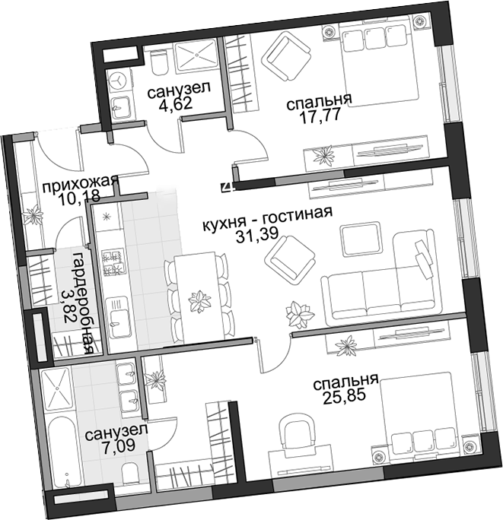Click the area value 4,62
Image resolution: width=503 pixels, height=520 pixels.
point(176,104)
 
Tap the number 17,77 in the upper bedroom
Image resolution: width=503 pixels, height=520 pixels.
point(320,116)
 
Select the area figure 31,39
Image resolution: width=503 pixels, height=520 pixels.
point(257,235)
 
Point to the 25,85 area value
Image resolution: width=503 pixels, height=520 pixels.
point(344,396)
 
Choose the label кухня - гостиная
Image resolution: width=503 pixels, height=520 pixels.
point(267,219)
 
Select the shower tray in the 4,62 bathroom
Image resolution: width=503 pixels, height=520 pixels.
point(196,55)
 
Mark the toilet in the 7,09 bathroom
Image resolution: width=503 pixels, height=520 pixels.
point(130,474)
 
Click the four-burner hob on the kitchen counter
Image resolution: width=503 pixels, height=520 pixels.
point(113,262)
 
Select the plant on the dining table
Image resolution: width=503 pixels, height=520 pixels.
point(199,301)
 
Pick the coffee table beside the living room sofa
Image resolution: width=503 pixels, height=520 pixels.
point(361,239)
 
